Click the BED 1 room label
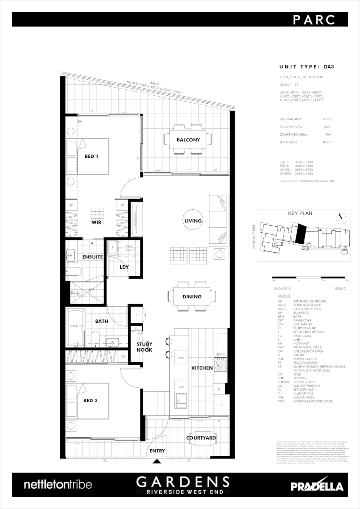coord(91,156)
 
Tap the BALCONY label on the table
coord(188,140)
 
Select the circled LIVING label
coord(193,221)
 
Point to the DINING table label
coord(192,297)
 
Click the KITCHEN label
coord(202,368)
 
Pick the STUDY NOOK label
coord(145,347)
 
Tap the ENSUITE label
coord(92,257)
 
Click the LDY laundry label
coord(124,267)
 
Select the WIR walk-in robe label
coord(97,222)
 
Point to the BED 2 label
coord(90,401)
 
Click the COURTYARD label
coord(201,438)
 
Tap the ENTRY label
coord(157,451)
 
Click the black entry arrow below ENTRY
coord(157,462)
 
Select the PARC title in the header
coord(313,19)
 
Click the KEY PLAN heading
coord(301,213)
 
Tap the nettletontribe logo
coord(57,484)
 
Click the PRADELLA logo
coord(317,486)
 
